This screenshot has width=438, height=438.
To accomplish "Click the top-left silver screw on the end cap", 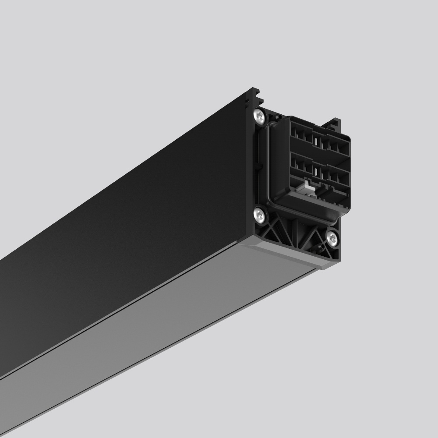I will tap(260, 116).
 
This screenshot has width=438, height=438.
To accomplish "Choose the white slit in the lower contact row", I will tap(315, 169).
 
